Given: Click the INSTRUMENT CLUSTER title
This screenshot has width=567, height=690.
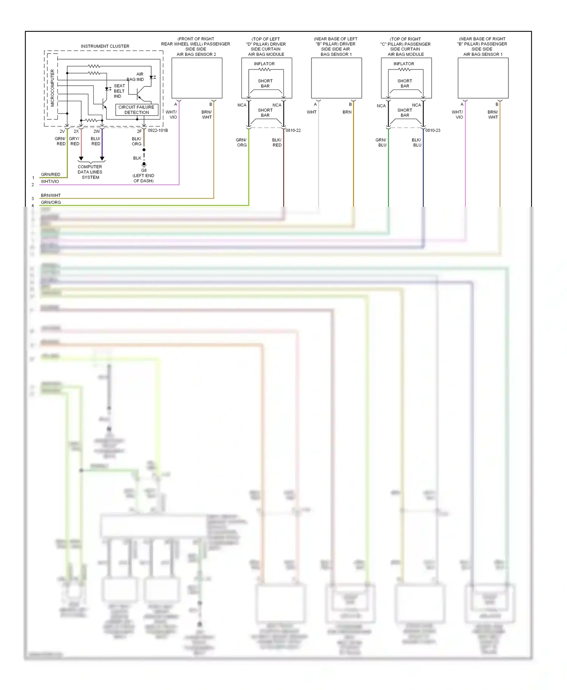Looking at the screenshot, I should pyautogui.click(x=105, y=46).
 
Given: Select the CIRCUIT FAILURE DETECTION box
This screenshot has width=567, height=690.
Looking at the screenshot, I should pyautogui.click(x=136, y=110).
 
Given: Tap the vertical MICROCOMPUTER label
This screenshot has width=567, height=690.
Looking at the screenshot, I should pyautogui.click(x=52, y=88).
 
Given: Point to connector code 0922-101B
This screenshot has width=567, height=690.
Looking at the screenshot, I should pyautogui.click(x=158, y=130).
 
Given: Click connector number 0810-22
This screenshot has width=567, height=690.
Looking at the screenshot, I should pyautogui.click(x=293, y=130).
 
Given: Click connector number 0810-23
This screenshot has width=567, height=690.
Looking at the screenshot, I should pyautogui.click(x=432, y=130).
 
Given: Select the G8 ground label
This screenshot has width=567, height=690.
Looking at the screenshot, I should pyautogui.click(x=144, y=170).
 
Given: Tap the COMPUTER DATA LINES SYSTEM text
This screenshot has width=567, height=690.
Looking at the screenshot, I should pyautogui.click(x=90, y=172).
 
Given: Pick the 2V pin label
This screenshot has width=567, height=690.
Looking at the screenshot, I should pyautogui.click(x=62, y=131).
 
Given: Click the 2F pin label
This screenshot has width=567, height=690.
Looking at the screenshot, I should pyautogui.click(x=139, y=131).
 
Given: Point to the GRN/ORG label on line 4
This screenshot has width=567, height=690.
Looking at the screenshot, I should pyautogui.click(x=51, y=202).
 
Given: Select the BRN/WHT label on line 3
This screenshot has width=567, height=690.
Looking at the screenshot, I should pyautogui.click(x=51, y=195).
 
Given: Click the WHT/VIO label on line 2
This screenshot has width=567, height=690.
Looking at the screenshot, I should pyautogui.click(x=50, y=182).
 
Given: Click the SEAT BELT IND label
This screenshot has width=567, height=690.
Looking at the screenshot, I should pyautogui.click(x=119, y=91).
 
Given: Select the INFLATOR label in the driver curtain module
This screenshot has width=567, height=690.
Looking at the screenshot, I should pyautogui.click(x=264, y=64).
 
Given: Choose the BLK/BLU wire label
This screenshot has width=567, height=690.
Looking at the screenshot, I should pyautogui.click(x=417, y=142).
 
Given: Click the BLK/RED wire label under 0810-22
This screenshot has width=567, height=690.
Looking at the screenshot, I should pyautogui.click(x=277, y=142).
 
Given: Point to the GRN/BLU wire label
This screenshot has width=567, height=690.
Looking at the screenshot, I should pyautogui.click(x=381, y=142).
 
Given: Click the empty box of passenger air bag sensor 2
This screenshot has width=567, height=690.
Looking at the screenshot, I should pyautogui.click(x=197, y=78).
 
